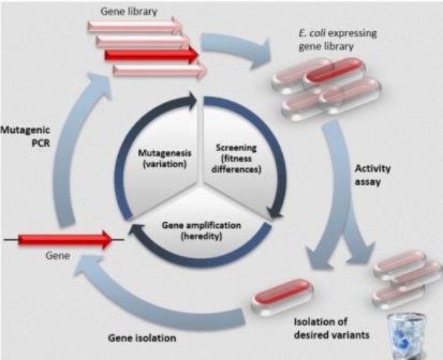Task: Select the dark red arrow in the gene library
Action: (151, 55)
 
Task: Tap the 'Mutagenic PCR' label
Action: (24, 136)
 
